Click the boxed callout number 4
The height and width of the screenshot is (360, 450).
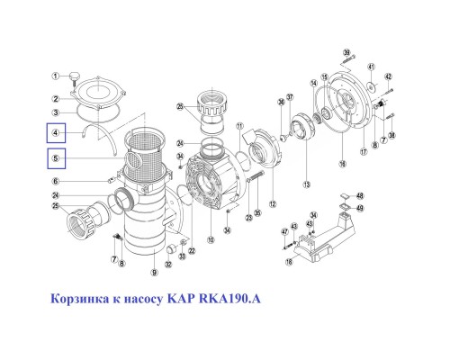[x=58, y=133]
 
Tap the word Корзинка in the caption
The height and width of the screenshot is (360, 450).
[x=75, y=297]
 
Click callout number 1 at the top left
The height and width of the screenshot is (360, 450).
[x=56, y=76]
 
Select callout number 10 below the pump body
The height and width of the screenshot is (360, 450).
[x=210, y=240]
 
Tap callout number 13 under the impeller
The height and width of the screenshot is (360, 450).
[x=307, y=184]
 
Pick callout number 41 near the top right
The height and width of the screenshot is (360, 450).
[x=371, y=67]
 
